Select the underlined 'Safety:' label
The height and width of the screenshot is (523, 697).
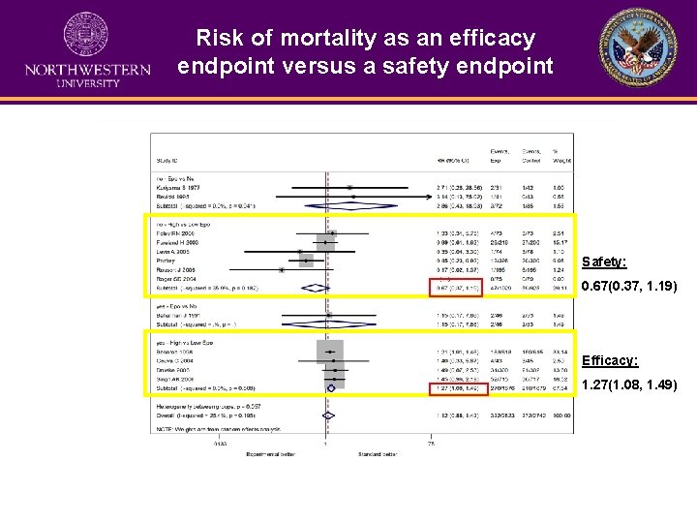click(602, 262)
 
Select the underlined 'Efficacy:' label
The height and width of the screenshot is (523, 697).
click(608, 360)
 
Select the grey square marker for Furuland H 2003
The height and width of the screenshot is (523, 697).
click(326, 243)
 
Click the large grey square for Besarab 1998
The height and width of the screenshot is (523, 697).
click(330, 351)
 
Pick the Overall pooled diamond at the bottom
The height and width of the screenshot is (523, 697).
click(328, 415)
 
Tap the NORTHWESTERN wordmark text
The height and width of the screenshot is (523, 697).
click(88, 70)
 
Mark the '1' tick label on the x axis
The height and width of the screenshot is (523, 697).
click(325, 445)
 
